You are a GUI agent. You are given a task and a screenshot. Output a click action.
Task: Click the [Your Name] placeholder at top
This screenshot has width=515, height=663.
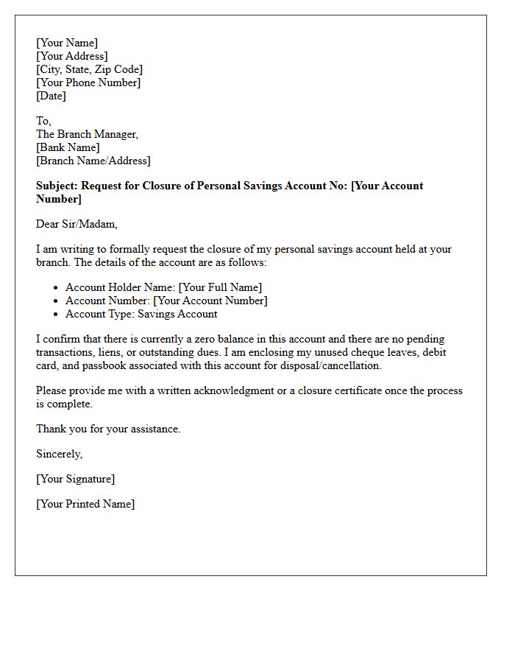click(x=67, y=43)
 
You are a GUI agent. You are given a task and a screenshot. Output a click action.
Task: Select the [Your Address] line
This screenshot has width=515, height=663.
click(x=72, y=56)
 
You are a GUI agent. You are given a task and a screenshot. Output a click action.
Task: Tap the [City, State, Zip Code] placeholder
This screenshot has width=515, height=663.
click(x=89, y=69)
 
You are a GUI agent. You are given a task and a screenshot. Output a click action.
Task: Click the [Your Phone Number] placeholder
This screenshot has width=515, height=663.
click(x=88, y=83)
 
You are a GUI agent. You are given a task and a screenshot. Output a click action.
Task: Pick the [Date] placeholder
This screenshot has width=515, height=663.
click(x=51, y=96)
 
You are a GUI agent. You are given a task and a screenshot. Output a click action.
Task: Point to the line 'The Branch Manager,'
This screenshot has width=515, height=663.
click(x=87, y=134)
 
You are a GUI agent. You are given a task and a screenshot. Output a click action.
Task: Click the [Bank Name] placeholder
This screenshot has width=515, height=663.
click(x=68, y=147)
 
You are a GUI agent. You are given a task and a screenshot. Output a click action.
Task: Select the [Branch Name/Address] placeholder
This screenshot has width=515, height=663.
click(x=93, y=161)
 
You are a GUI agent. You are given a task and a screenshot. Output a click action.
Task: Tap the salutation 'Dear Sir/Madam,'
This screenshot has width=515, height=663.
click(x=77, y=224)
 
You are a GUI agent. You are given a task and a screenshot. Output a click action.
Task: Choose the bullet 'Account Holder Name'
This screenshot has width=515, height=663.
click(x=163, y=287)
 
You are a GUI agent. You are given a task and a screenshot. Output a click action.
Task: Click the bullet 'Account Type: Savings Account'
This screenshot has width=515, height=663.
click(x=141, y=314)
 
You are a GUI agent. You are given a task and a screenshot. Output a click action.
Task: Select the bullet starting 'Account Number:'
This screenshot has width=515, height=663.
click(x=166, y=301)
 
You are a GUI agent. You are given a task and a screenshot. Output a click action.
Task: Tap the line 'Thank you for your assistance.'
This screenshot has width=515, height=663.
click(x=108, y=429)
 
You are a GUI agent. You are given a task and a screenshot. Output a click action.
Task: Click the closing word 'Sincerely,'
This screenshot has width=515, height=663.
click(x=59, y=454)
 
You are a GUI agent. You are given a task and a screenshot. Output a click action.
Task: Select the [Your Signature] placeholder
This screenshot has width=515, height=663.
click(x=75, y=479)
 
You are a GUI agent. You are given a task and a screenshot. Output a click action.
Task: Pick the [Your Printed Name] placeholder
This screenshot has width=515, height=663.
click(x=85, y=504)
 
